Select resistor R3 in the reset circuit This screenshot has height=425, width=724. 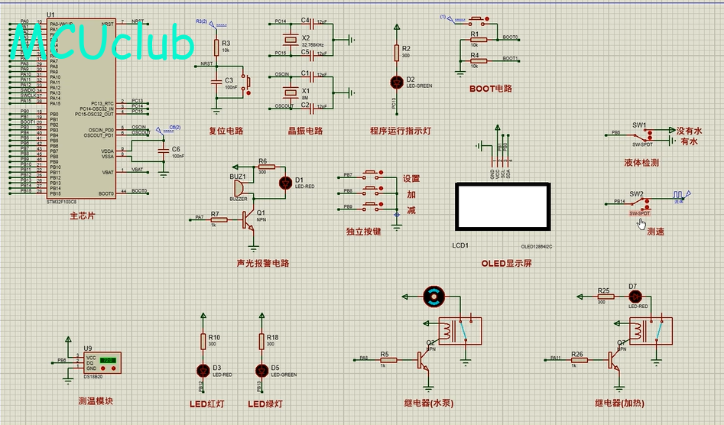click(x=215, y=47)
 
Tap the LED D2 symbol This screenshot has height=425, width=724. click(x=396, y=81)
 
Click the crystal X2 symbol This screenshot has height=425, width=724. click(x=290, y=41)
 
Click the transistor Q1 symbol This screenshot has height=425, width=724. click(x=250, y=220)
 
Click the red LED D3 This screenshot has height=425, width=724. click(x=203, y=370)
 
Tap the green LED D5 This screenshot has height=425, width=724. click(x=262, y=370)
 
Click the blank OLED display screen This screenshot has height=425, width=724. click(x=502, y=206)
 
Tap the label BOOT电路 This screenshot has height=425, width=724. click(x=491, y=89)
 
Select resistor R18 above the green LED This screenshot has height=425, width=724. click(x=262, y=342)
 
